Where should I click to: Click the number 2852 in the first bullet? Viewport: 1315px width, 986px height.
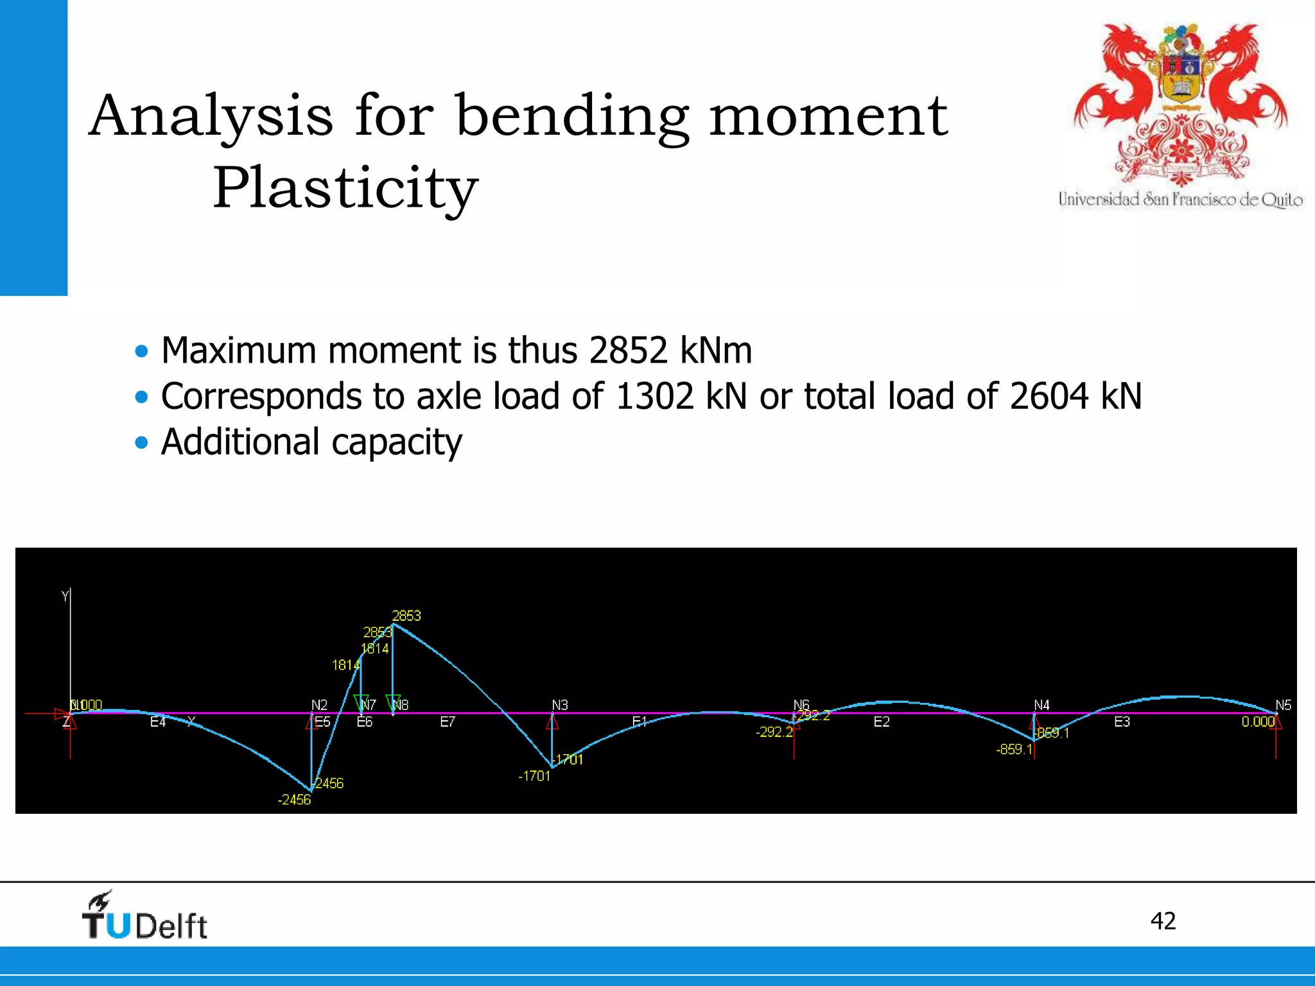(x=628, y=350)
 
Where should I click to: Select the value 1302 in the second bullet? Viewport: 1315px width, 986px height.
(x=654, y=396)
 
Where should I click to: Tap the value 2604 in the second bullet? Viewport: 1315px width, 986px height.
(x=1049, y=396)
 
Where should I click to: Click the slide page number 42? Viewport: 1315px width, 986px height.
(x=1163, y=921)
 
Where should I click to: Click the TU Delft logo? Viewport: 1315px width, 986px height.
(x=144, y=917)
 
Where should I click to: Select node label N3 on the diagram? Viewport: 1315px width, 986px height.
(x=560, y=705)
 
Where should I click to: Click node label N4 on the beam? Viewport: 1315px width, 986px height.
(x=1041, y=705)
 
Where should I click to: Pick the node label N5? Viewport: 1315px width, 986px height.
(x=1283, y=705)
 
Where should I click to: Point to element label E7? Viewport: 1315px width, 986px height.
(x=448, y=722)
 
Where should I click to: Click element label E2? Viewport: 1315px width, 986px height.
(x=882, y=722)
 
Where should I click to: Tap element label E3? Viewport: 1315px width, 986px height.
(x=1122, y=722)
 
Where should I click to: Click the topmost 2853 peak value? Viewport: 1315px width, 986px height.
(x=406, y=616)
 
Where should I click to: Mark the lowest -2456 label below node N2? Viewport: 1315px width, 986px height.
(x=294, y=800)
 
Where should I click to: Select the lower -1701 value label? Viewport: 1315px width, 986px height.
(x=534, y=776)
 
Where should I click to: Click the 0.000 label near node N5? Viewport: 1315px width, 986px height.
(x=1257, y=722)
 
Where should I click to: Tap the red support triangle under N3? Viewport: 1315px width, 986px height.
(x=552, y=723)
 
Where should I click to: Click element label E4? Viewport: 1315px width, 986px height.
(x=158, y=722)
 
